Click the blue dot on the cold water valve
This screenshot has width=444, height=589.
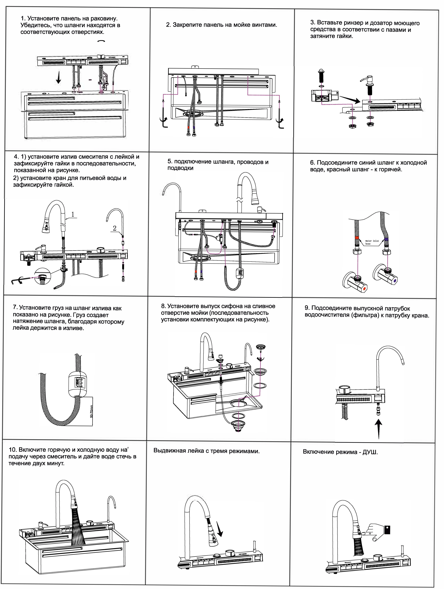(395, 281)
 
